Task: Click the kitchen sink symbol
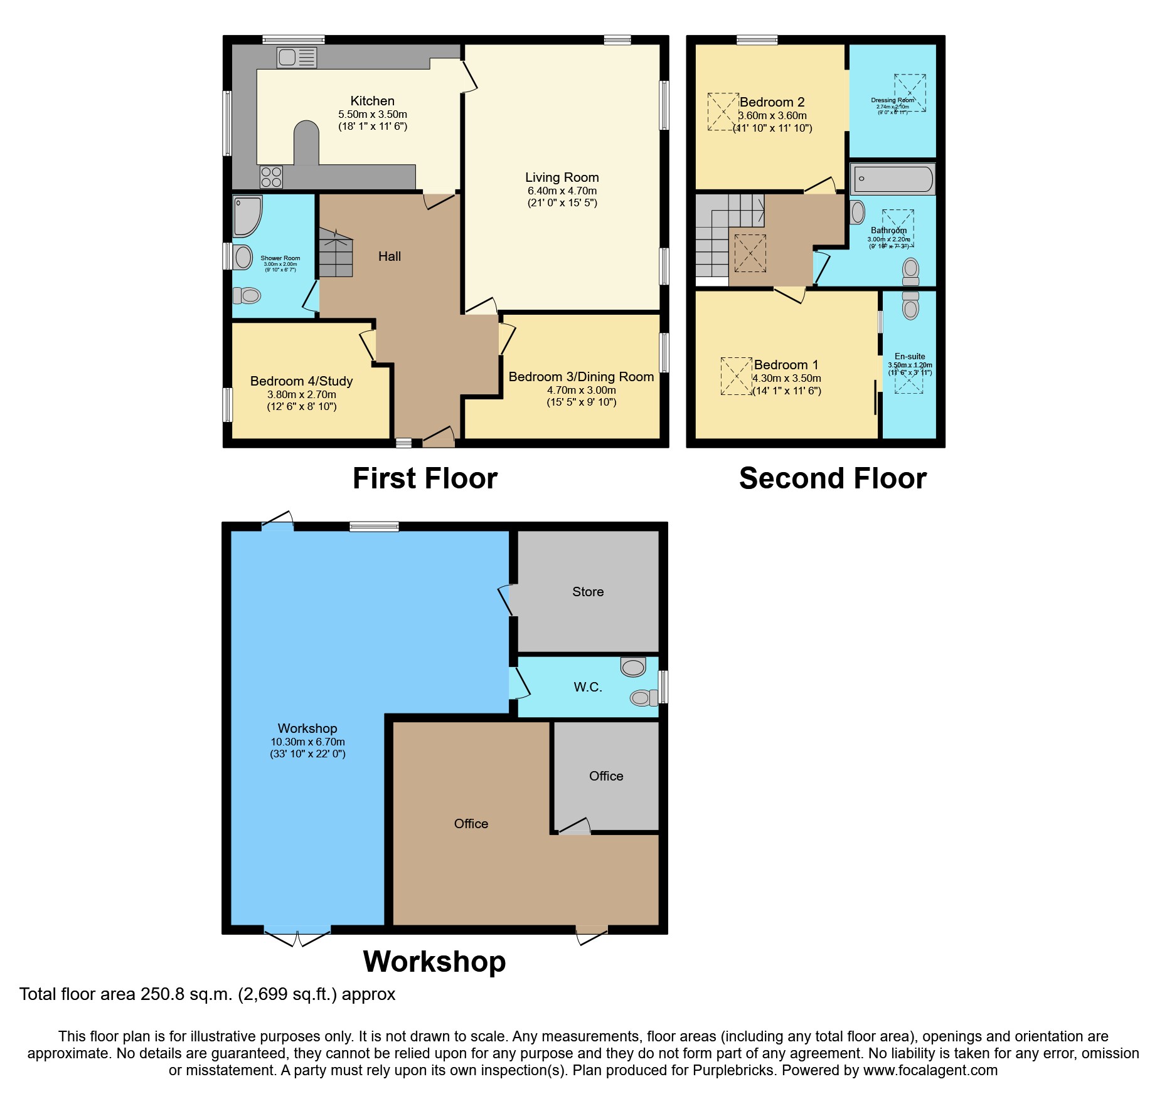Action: point(296,58)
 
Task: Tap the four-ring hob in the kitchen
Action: point(271,177)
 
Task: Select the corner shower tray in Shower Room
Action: point(246,215)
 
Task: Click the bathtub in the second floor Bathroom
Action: point(892,179)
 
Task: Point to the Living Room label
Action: point(562,177)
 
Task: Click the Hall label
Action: point(389,256)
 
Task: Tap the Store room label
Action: point(588,592)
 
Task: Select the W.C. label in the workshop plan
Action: point(588,687)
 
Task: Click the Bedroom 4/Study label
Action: point(301,381)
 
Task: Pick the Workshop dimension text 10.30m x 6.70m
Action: point(307,742)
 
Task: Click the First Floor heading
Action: point(425,478)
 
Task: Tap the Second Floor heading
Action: point(833,478)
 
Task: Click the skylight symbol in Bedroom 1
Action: point(736,376)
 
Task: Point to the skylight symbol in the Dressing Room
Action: point(910,93)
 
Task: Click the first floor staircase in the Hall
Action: point(336,252)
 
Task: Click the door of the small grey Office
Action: point(575,827)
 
